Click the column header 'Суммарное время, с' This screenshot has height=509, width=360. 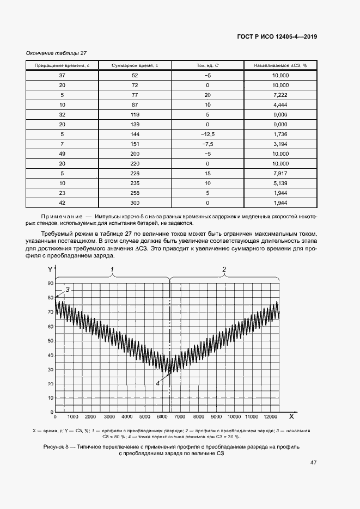click(135, 65)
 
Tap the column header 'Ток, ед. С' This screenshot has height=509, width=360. click(208, 65)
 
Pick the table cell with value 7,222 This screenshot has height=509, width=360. click(280, 95)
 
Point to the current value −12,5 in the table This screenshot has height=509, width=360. click(208, 134)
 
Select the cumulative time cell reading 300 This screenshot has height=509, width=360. click(135, 203)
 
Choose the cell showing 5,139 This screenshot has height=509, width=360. click(280, 183)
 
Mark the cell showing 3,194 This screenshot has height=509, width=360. click(280, 144)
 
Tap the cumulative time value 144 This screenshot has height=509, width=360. click(135, 134)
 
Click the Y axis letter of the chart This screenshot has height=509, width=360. click(50, 269)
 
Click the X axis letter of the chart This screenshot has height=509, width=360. click(291, 416)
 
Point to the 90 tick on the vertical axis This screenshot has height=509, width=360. click(51, 284)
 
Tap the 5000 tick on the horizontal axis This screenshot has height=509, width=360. click(144, 416)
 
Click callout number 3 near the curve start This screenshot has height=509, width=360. click(68, 289)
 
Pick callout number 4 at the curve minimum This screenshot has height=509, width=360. click(158, 383)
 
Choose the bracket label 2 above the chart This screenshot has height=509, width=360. click(224, 269)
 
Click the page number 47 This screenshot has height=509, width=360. click(313, 463)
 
